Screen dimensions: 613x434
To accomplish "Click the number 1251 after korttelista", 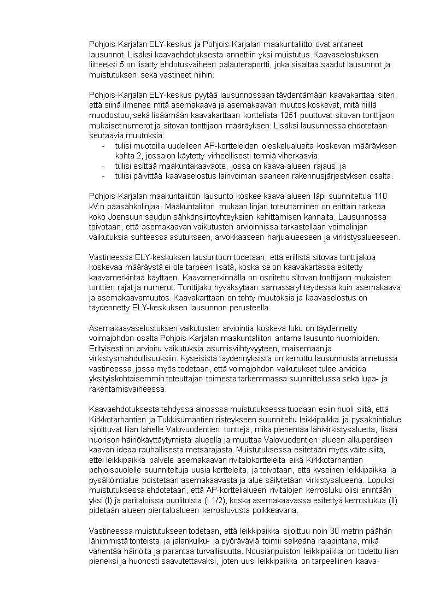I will coord(289,115).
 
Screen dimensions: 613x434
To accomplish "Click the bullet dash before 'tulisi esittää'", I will coord(104,166).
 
